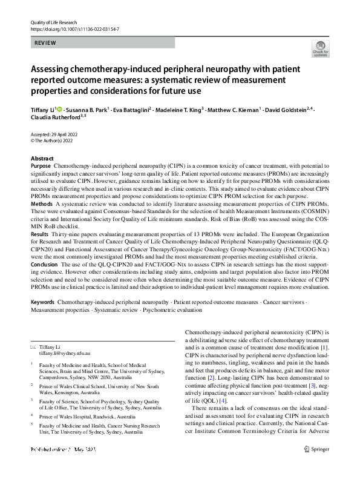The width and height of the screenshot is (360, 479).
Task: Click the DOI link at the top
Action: (x=74, y=29)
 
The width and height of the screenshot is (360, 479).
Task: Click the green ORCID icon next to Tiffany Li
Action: (x=59, y=110)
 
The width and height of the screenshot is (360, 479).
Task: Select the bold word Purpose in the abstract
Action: (x=41, y=165)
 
